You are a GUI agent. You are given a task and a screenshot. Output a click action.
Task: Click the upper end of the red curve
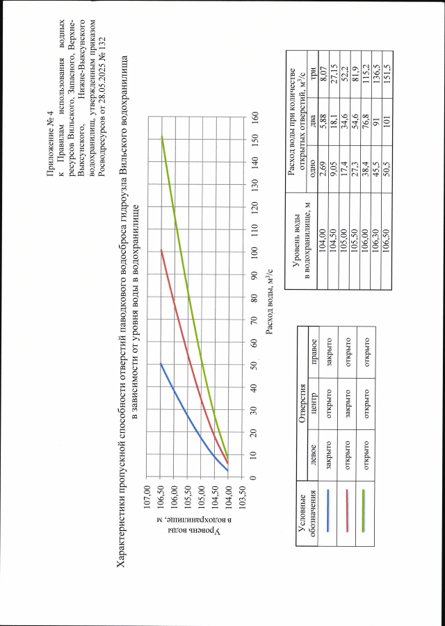click(161, 250)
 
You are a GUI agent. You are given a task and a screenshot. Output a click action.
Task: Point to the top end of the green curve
click(161, 136)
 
